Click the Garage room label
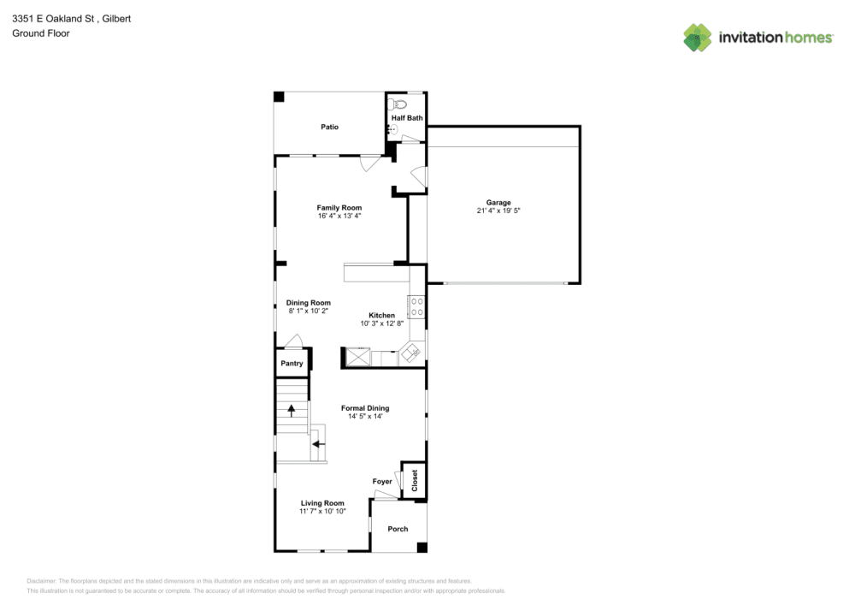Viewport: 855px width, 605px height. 498,203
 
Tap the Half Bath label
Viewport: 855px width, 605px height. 407,118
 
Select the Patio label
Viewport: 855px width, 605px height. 329,127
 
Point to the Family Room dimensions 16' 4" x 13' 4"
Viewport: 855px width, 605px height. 339,216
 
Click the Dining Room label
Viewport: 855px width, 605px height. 308,303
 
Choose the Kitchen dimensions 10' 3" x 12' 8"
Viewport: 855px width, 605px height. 381,323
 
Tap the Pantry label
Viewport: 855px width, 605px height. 292,364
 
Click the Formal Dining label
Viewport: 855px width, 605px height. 365,408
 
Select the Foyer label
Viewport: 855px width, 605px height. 382,482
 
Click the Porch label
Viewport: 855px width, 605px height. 398,529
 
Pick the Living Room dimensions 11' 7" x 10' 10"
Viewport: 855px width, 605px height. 322,511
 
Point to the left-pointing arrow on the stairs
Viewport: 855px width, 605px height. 316,443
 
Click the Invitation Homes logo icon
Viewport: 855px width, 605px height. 697,38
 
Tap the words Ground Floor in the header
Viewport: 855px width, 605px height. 41,33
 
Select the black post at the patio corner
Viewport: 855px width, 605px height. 279,97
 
